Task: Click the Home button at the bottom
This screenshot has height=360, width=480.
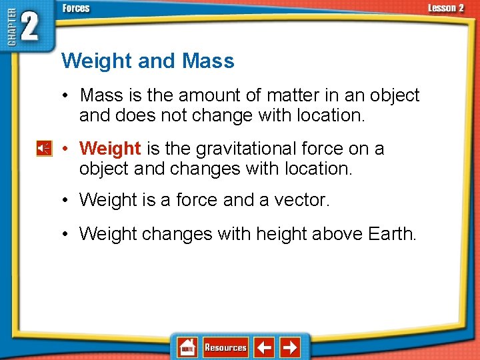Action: coord(187,347)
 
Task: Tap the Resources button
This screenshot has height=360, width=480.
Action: coord(225,347)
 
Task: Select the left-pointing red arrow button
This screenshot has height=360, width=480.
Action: coord(265,347)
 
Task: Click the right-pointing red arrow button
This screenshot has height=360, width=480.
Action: coord(290,347)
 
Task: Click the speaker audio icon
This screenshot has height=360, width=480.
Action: coord(43,149)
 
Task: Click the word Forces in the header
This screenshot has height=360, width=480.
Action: coord(76,9)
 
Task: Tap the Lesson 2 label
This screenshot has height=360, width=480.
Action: coord(446,8)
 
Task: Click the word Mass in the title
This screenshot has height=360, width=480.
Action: coord(208,61)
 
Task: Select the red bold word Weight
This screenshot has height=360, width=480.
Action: coord(110,149)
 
